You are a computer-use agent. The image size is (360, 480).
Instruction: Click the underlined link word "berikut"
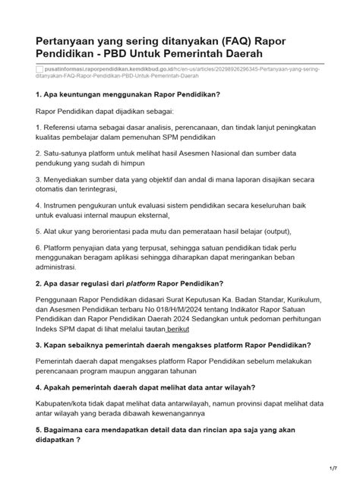(199, 330)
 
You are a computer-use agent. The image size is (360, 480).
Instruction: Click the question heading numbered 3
(173, 345)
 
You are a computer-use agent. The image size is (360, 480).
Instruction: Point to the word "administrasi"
(55, 267)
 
